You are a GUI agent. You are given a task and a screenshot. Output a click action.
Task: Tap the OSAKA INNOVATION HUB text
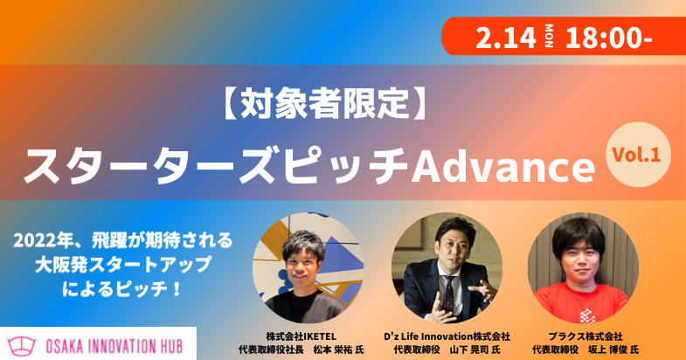(x=119, y=343)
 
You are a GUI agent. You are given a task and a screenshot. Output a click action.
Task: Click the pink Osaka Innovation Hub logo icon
(x=24, y=343)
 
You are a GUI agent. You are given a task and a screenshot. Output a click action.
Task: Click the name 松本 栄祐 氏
(x=337, y=350)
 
